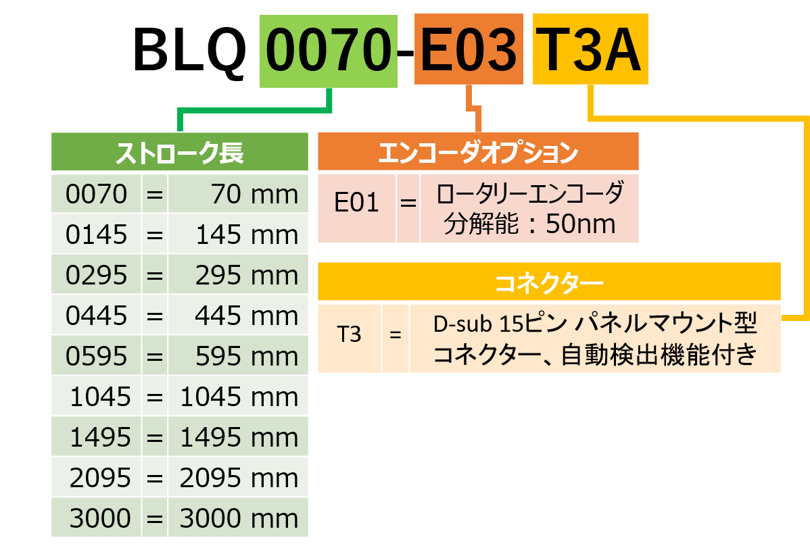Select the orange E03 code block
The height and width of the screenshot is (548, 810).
coord(469,52)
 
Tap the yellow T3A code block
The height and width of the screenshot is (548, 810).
coord(590,52)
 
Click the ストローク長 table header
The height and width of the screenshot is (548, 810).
coord(180,153)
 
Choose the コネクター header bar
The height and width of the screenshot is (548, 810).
coord(549,282)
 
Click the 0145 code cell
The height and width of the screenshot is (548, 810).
coord(97,235)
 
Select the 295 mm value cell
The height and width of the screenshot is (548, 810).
coord(239,276)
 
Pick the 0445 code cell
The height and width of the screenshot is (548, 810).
coord(97,316)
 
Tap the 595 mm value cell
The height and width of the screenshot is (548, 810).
coord(239,356)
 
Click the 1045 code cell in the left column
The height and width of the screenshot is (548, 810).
coord(97,397)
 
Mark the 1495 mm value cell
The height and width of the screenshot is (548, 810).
coord(239,437)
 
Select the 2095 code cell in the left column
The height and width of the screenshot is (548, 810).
coord(97,478)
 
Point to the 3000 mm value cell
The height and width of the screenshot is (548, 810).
coord(239,518)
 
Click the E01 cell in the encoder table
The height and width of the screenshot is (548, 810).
coord(357,203)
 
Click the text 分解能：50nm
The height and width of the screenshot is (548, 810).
coord(529,224)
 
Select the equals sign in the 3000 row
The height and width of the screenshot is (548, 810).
coord(155,518)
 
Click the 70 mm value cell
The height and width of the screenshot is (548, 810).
coord(239,195)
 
